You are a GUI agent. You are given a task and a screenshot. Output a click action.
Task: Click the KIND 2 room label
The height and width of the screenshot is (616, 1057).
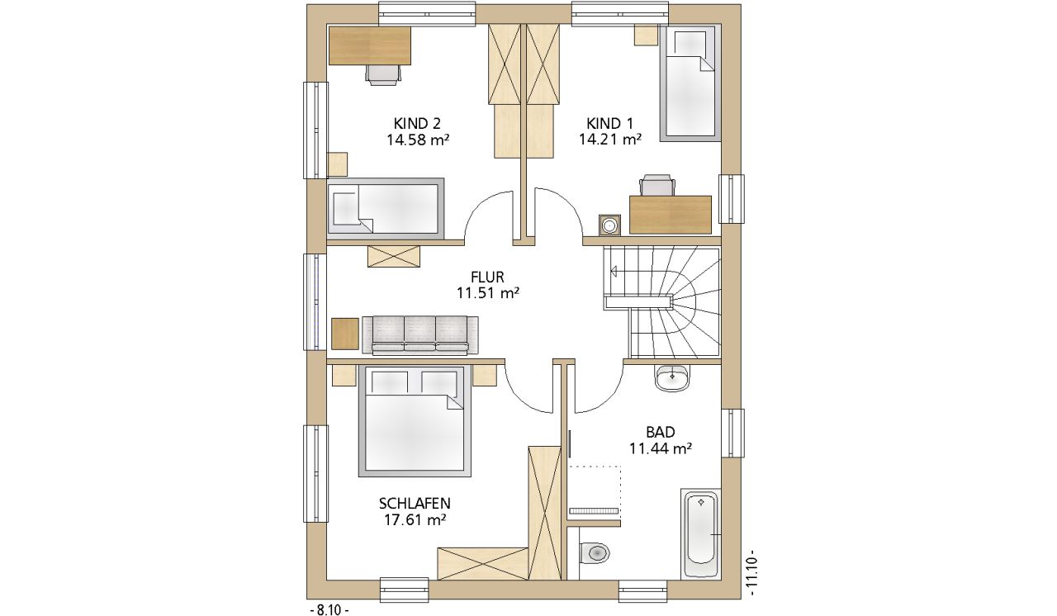[417, 124]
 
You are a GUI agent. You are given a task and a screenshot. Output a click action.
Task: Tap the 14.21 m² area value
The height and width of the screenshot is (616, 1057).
[610, 140]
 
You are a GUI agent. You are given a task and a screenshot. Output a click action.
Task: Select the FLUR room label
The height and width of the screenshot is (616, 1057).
[487, 277]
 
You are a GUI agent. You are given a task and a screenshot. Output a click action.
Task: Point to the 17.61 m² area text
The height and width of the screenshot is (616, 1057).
[415, 520]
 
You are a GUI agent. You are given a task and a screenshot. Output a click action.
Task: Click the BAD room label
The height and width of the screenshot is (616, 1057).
[661, 432]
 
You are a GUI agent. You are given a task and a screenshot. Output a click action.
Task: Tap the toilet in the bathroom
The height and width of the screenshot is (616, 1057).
[594, 552]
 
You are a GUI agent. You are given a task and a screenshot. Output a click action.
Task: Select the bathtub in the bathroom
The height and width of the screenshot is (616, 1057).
[701, 533]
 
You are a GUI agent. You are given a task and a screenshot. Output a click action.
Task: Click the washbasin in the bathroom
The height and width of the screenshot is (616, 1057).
[671, 378]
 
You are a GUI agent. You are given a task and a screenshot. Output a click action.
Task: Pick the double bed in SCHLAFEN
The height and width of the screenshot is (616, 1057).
[415, 421]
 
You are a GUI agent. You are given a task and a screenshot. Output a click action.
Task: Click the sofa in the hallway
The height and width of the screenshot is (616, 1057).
[420, 335]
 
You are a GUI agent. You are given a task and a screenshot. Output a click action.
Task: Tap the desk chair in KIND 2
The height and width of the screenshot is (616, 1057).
[383, 74]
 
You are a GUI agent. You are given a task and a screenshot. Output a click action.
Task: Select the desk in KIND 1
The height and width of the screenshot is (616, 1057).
[670, 215]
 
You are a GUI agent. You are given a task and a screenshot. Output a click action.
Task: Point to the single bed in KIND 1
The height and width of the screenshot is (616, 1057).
[690, 83]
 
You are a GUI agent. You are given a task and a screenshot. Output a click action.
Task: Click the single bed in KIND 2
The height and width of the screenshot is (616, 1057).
[386, 208]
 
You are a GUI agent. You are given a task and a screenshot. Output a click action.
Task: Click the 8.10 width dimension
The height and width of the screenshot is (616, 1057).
[329, 610]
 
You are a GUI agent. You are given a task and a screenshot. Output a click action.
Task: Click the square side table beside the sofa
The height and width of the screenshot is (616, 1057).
[345, 334]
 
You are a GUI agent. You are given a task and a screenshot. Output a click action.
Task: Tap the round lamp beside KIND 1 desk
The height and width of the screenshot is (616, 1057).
[610, 225]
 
